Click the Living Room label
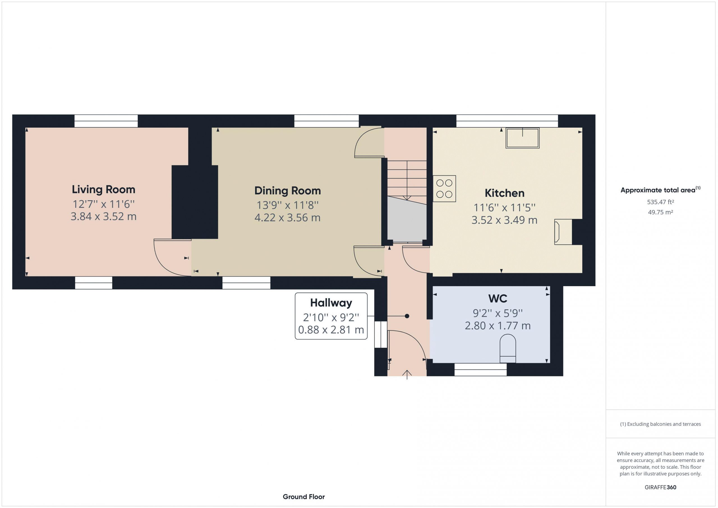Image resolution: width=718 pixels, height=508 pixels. click(x=103, y=189)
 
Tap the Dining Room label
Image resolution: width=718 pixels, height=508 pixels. click(x=287, y=190)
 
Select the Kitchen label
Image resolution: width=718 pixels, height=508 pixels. click(x=504, y=193)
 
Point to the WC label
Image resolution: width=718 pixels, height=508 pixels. click(x=498, y=298)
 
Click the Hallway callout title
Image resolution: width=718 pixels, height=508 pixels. click(x=331, y=303)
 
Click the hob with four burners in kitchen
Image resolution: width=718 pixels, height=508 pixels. click(x=444, y=189)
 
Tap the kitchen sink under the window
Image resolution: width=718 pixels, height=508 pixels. click(x=523, y=138)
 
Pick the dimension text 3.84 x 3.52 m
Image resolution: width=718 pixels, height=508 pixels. click(x=103, y=217)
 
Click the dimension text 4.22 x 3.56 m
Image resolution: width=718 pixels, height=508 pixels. click(x=287, y=217)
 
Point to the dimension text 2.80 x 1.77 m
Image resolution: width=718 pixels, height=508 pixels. click(x=498, y=326)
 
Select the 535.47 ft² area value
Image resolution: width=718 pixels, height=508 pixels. click(x=661, y=202)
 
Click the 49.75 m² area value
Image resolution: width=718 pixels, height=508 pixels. click(x=661, y=212)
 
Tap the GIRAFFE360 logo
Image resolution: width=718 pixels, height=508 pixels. click(x=661, y=487)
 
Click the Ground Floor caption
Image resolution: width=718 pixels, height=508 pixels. click(x=304, y=496)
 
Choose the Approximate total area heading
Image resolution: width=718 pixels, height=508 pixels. click(x=661, y=190)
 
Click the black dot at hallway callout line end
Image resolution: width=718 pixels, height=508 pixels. click(x=407, y=316)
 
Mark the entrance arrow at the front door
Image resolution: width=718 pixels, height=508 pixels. click(x=407, y=374)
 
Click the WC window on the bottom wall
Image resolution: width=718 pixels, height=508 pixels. click(x=480, y=369)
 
